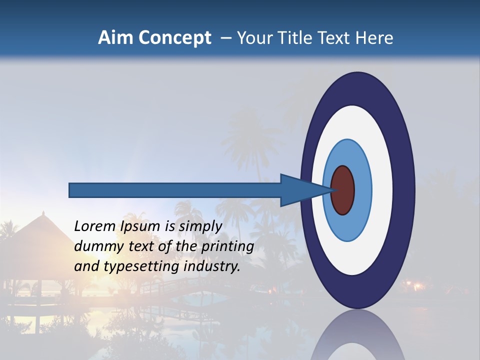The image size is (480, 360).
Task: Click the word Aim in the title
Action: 116,38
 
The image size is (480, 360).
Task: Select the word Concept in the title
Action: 174,38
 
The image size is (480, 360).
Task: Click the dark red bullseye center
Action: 343,190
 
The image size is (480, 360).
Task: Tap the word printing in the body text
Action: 227,247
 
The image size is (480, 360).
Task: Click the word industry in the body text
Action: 212,266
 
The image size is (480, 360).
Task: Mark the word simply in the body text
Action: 200,226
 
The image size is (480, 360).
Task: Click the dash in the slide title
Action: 225,38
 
